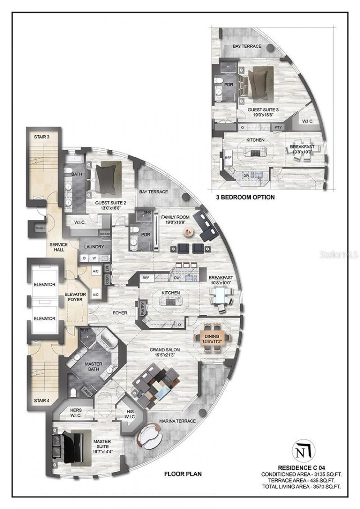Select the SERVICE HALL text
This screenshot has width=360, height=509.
[58, 248]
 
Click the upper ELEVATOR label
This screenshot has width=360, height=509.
[44, 285]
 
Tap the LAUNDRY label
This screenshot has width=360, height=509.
[94, 247]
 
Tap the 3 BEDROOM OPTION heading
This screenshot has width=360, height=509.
[246, 197]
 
